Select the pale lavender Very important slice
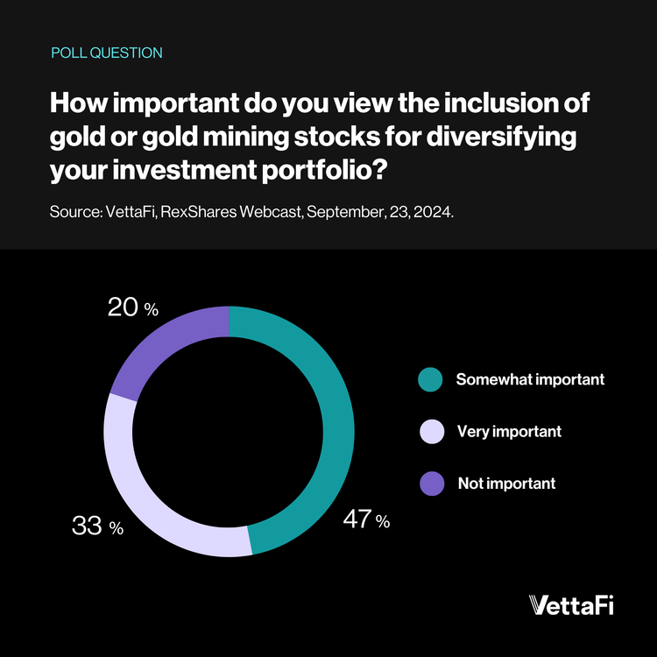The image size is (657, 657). click(140, 491)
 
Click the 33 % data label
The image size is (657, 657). click(96, 527)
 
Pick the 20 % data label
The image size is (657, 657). click(132, 307)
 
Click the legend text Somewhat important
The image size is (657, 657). click(530, 380)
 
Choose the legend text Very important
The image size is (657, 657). click(509, 432)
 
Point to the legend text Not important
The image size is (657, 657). click(506, 484)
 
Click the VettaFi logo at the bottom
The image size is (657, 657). click(572, 605)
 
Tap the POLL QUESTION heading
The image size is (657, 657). click(107, 53)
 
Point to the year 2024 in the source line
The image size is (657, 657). click(434, 214)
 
